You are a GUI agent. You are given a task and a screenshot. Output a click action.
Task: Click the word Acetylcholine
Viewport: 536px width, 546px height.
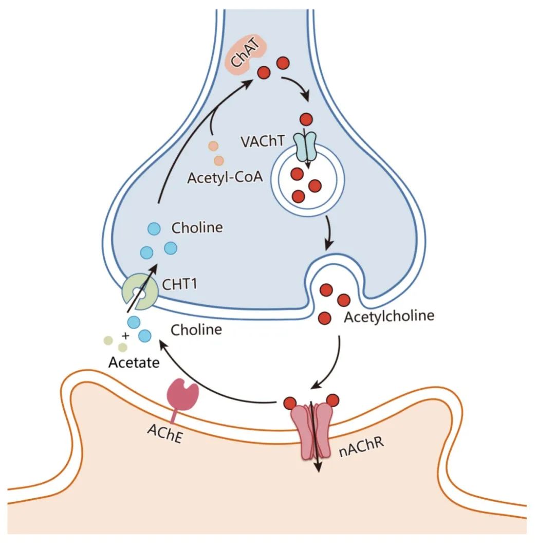(389, 315)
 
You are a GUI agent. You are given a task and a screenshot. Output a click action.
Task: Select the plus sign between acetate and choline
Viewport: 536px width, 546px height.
(125, 335)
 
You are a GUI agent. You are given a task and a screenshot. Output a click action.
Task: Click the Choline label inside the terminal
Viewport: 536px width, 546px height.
(197, 227)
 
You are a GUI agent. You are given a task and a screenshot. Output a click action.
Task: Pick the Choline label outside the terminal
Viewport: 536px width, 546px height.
(196, 330)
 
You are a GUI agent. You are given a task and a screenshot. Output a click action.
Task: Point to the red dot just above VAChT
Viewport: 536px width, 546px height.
(306, 120)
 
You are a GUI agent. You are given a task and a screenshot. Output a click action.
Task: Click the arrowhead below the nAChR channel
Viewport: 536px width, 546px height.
(318, 467)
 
